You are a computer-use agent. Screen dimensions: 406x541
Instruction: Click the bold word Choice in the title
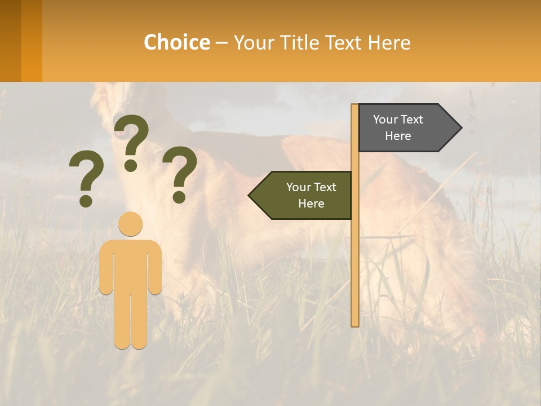click(176, 42)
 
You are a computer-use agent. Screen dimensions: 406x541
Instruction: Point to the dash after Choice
click(221, 43)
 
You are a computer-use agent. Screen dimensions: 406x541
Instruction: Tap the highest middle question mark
click(131, 141)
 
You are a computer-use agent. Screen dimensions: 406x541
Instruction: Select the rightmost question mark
click(179, 174)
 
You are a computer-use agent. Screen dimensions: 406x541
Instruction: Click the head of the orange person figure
click(131, 223)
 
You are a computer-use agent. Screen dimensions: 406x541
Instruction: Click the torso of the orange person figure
click(131, 265)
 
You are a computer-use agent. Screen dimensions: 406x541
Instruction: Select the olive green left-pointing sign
click(304, 195)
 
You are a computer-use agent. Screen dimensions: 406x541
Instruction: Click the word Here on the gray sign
click(398, 136)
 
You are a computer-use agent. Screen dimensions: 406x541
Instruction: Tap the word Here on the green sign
click(311, 204)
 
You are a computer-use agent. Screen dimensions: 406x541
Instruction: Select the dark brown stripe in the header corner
click(10, 41)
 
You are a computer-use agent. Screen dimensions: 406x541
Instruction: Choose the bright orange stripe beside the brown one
click(32, 41)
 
